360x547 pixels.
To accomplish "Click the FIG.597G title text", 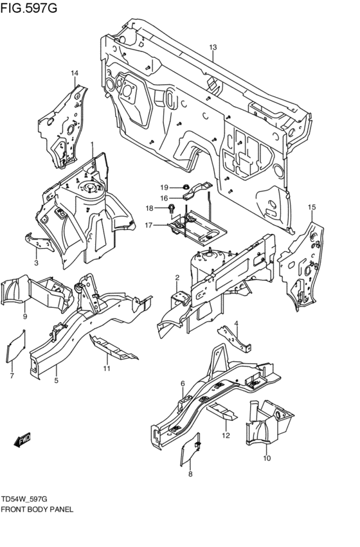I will (29, 8).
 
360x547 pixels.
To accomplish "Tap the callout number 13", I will (213, 47).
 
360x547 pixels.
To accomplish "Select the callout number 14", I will (75, 73).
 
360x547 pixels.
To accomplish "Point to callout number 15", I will (312, 207).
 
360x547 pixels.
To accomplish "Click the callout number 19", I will (164, 187).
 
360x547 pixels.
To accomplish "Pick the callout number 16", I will (164, 198).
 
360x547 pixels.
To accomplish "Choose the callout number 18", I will (149, 208).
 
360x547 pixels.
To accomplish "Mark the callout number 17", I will (148, 225).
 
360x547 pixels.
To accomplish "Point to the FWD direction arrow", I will (22, 441).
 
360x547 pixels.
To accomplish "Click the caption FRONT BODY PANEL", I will (37, 508).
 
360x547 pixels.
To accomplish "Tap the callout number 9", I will (24, 316).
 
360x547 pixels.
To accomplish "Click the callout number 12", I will (226, 436).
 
